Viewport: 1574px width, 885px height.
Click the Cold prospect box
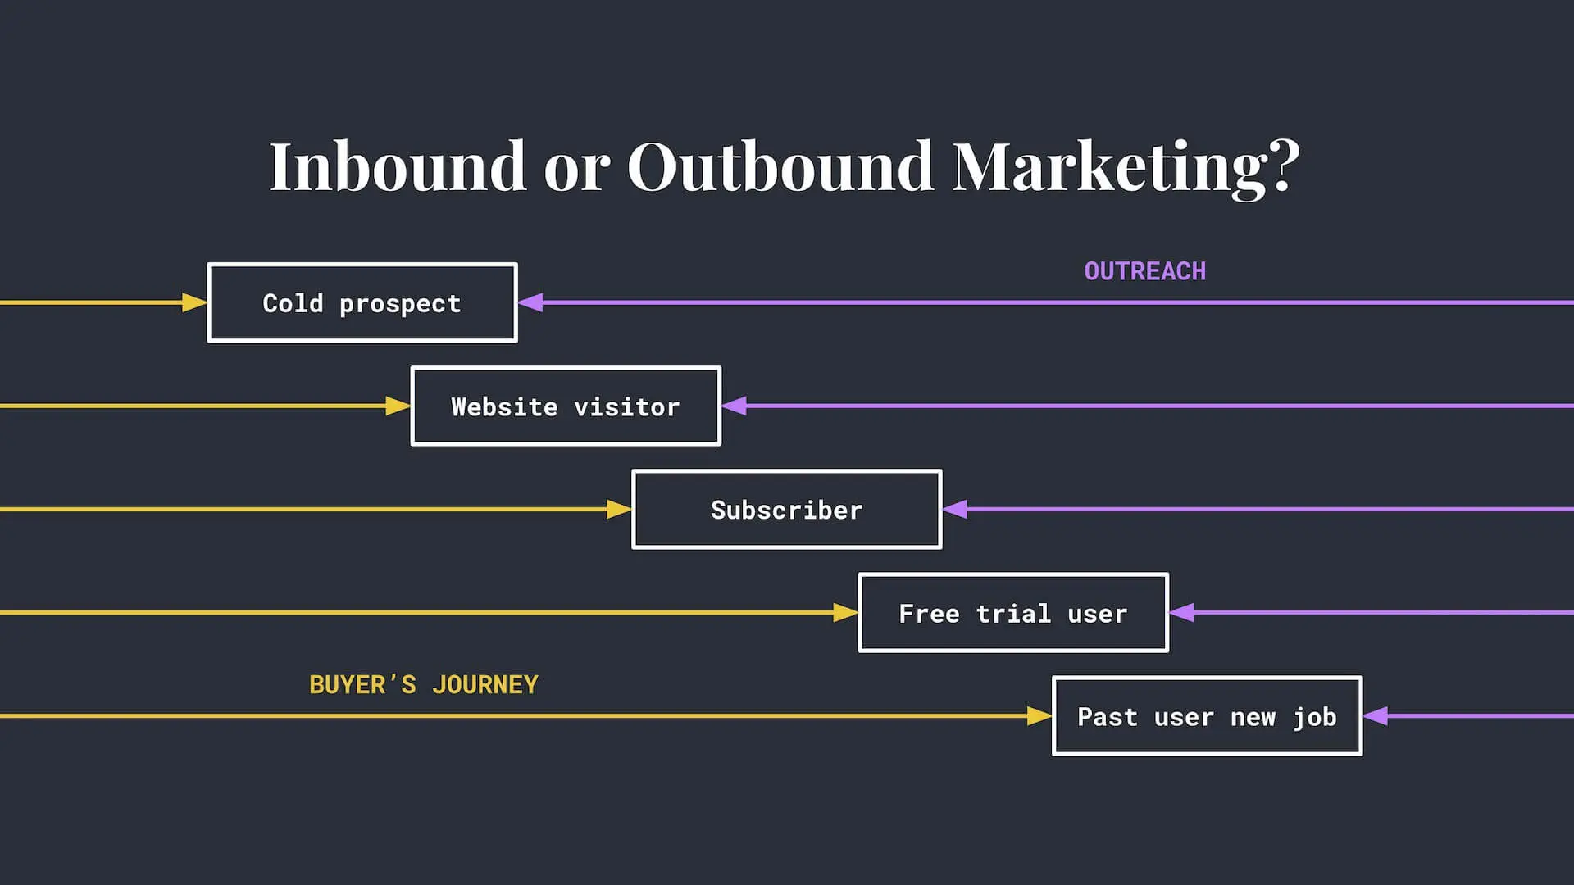pyautogui.click(x=362, y=302)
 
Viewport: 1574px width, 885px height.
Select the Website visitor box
pyautogui.click(x=566, y=406)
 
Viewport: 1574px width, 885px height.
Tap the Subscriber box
pyautogui.click(x=786, y=510)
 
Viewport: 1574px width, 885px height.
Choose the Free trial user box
pyautogui.click(x=1013, y=613)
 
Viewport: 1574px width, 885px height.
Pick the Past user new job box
pyautogui.click(x=1207, y=716)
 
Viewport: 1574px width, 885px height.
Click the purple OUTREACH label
pyautogui.click(x=1144, y=271)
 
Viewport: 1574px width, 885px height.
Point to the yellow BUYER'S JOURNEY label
pyautogui.click(x=423, y=684)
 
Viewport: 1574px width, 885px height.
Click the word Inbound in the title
pyautogui.click(x=398, y=166)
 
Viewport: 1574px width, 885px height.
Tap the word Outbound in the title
pyautogui.click(x=780, y=166)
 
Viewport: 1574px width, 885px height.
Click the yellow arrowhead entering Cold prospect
pyautogui.click(x=194, y=302)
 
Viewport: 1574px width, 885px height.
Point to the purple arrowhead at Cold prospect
pyautogui.click(x=531, y=302)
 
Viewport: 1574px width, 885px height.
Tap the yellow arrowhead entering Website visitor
pyautogui.click(x=398, y=406)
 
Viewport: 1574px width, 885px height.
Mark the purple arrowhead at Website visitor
pyautogui.click(x=735, y=406)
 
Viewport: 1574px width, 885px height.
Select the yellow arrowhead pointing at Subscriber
pyautogui.click(x=619, y=510)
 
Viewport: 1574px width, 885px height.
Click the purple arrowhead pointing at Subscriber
pyautogui.click(x=956, y=509)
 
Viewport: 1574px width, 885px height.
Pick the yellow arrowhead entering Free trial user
pyautogui.click(x=845, y=613)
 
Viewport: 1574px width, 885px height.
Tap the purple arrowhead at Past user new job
pyautogui.click(x=1376, y=715)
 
